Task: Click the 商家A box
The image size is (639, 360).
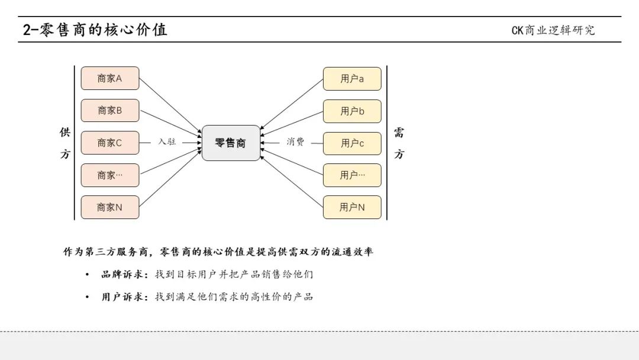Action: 110,78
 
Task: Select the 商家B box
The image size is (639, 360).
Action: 110,111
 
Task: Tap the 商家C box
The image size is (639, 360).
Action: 110,143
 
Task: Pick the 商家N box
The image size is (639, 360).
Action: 110,207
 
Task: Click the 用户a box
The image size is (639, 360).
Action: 352,79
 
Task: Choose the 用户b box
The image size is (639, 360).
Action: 352,111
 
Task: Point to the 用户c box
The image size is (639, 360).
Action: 352,143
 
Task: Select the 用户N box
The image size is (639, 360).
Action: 352,207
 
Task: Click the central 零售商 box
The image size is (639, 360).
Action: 231,143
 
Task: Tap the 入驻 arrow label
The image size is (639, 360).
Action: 167,142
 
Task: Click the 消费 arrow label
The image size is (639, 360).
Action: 295,142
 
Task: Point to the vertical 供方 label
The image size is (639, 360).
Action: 65,143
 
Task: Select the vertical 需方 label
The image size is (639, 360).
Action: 399,143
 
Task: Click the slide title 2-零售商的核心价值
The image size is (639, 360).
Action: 95,30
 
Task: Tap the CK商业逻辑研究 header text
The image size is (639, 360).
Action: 553,30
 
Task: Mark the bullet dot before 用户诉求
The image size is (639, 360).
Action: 87,297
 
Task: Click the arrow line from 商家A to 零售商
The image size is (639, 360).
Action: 170,105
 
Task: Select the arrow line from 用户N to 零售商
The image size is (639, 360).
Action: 291,181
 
